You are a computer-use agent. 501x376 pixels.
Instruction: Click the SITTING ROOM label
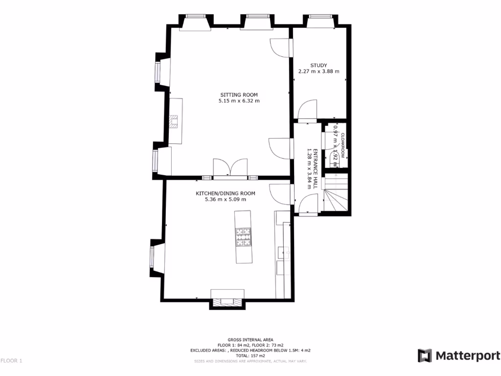239,95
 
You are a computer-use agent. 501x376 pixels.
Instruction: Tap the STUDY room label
319,66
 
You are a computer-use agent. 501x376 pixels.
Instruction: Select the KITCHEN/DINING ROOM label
226,193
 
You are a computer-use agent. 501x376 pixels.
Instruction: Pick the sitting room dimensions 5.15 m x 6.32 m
239,101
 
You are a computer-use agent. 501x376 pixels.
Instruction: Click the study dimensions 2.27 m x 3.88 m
319,71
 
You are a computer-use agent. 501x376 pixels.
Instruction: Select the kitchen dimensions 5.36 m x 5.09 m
226,199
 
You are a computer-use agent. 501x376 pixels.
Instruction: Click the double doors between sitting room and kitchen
229,168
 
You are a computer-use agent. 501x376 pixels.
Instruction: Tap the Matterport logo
459,355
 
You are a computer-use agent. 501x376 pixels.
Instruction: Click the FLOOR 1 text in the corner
11,361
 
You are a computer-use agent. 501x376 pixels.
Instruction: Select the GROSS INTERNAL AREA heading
250,340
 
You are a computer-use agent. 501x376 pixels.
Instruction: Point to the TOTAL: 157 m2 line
250,356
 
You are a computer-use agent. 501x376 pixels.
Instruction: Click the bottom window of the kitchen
227,303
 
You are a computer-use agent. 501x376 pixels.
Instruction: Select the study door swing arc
307,109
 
